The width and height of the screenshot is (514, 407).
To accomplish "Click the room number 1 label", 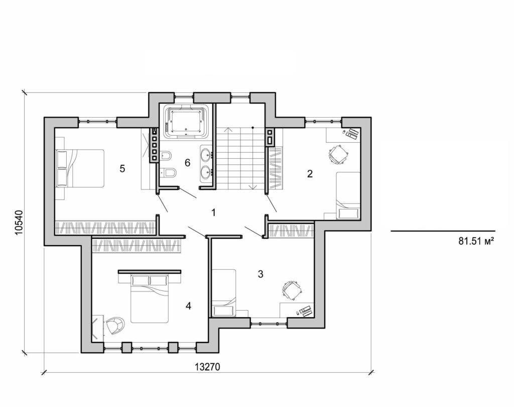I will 213,213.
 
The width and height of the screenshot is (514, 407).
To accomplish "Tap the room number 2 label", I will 310,174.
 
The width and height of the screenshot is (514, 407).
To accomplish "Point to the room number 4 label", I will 188,306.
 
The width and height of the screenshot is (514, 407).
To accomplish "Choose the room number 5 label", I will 122,168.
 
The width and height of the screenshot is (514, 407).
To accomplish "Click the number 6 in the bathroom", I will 188,162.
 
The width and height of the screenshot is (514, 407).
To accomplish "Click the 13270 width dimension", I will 207,367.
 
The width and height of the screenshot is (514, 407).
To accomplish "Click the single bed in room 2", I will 348,195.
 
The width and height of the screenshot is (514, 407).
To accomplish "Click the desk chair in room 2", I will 338,154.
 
